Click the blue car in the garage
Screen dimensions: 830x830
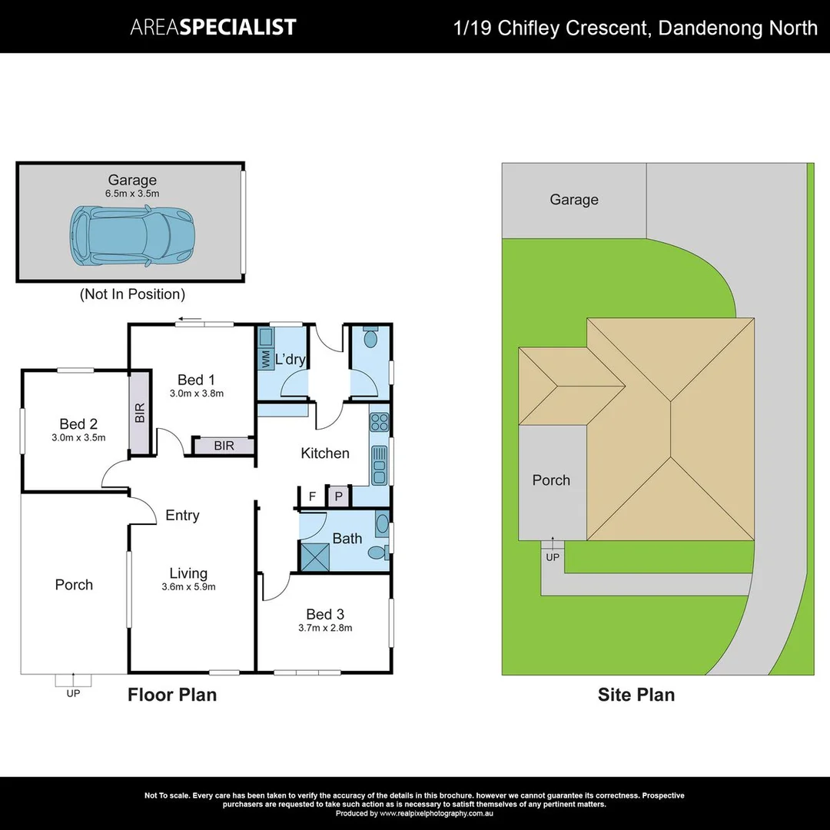tap(131, 236)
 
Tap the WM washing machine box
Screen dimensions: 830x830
tap(266, 360)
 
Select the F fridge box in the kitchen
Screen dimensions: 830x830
tap(312, 496)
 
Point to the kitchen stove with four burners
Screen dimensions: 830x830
tap(380, 421)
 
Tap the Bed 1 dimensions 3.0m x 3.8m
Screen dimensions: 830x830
tap(196, 393)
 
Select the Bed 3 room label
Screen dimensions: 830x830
tap(324, 614)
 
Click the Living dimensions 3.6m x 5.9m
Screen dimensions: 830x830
tap(188, 587)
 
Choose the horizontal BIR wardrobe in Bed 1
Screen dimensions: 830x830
tap(224, 445)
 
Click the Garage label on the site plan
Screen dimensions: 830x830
tap(573, 200)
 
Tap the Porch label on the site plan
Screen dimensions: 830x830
tap(551, 480)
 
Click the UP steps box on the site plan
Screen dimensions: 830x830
tap(553, 556)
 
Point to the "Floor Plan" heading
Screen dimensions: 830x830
tap(172, 696)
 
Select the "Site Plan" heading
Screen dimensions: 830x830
tap(636, 696)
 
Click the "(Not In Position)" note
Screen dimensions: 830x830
tap(132, 294)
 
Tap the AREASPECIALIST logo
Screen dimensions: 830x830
tap(213, 27)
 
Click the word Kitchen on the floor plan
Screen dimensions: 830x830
tap(324, 453)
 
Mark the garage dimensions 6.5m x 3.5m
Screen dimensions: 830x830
tap(132, 194)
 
